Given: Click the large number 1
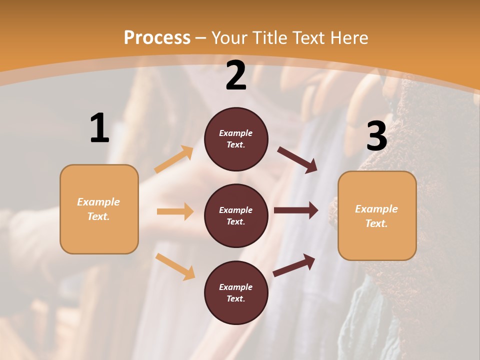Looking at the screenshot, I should click(x=99, y=128).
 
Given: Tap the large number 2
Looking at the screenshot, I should click(x=236, y=75).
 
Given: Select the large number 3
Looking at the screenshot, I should click(x=376, y=136).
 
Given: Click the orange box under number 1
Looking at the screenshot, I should click(x=99, y=209).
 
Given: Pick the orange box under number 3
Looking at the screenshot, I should click(x=377, y=216).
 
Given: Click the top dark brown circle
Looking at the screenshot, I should click(x=236, y=139).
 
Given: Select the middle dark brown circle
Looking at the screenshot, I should click(x=236, y=215).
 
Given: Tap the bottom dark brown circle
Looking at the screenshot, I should click(x=236, y=292).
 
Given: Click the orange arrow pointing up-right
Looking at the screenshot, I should click(x=174, y=159).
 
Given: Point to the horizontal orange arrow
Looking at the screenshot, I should click(x=175, y=211).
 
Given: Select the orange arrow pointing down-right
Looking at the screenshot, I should click(x=175, y=266).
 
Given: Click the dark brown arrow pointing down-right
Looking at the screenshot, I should click(x=297, y=160).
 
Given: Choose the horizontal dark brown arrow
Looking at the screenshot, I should click(x=296, y=210).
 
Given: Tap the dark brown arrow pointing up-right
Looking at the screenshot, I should click(x=294, y=265).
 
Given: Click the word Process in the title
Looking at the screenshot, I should click(x=157, y=37).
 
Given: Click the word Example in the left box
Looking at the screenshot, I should click(x=98, y=202).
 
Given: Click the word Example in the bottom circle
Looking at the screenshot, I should click(x=235, y=287).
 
